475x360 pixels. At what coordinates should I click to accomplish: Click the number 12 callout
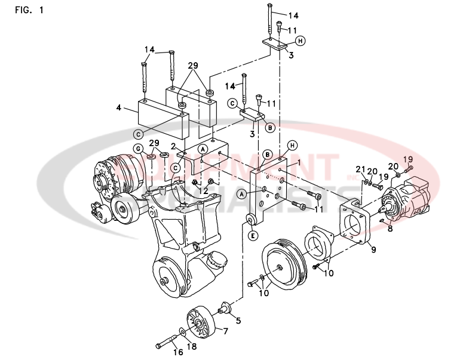[x=203, y=190]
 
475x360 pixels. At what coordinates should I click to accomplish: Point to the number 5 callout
[x=238, y=321]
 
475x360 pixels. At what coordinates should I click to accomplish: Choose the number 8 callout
[x=390, y=227]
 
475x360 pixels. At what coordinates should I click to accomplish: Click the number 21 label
[x=360, y=170]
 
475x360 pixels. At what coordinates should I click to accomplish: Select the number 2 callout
[x=172, y=146]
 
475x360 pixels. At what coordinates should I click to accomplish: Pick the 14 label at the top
[x=293, y=15]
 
